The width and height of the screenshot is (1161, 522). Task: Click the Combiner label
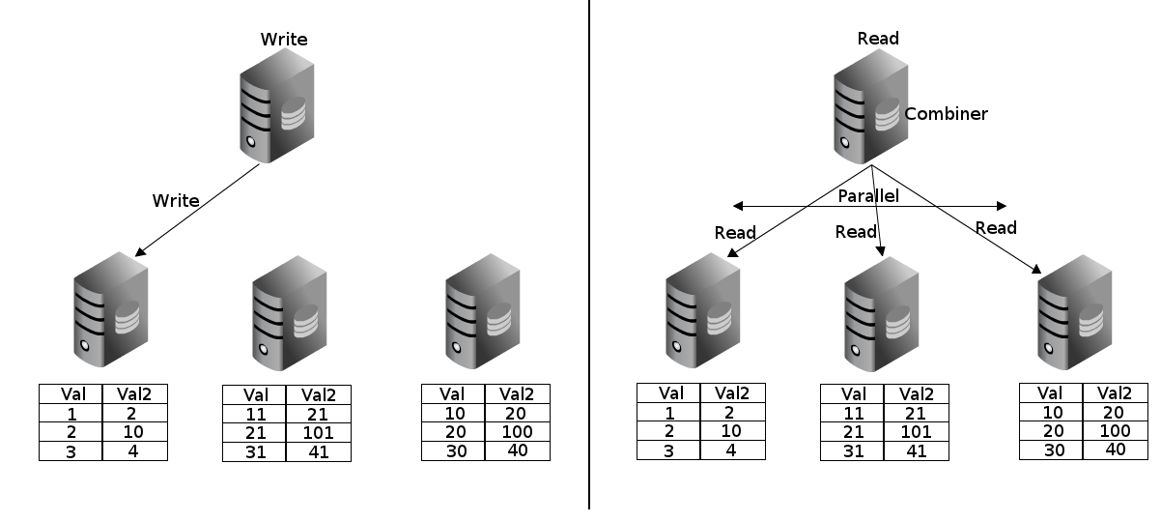946,114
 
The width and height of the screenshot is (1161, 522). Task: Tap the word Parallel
867,195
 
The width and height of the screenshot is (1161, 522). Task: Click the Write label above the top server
284,40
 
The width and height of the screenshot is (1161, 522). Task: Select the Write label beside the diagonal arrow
176,201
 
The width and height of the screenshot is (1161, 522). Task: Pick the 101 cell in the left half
318,432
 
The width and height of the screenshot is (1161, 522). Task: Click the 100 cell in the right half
1115,430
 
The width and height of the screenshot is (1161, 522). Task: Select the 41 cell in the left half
318,451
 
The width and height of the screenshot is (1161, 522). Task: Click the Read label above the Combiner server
878,39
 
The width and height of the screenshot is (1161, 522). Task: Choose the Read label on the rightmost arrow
996,228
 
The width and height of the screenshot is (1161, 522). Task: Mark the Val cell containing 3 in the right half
667,449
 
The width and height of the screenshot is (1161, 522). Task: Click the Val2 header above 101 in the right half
916,393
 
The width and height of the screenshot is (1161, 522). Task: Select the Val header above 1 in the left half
71,393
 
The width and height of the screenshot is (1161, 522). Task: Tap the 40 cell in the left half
517,450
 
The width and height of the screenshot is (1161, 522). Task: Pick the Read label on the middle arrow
856,232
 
